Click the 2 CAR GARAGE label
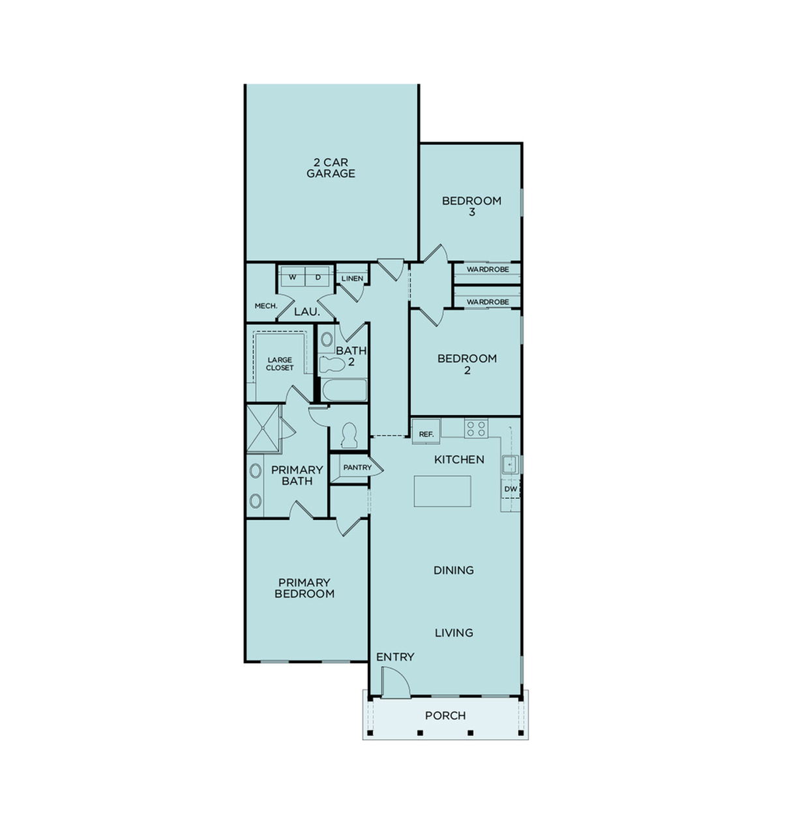point(331,168)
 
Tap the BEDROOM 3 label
point(471,206)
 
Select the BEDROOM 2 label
point(467,364)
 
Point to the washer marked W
point(292,277)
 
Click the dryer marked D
point(318,277)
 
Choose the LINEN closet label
point(352,278)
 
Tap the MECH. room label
point(266,306)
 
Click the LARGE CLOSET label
point(280,364)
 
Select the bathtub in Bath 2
point(344,391)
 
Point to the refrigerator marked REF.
point(426,433)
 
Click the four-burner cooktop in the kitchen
point(476,428)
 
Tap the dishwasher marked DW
point(510,489)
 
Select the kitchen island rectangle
point(443,491)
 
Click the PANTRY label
point(357,467)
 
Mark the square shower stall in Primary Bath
point(263,429)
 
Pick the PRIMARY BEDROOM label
point(304,588)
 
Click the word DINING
point(454,570)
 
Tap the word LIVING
point(454,633)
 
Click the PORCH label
point(445,715)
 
